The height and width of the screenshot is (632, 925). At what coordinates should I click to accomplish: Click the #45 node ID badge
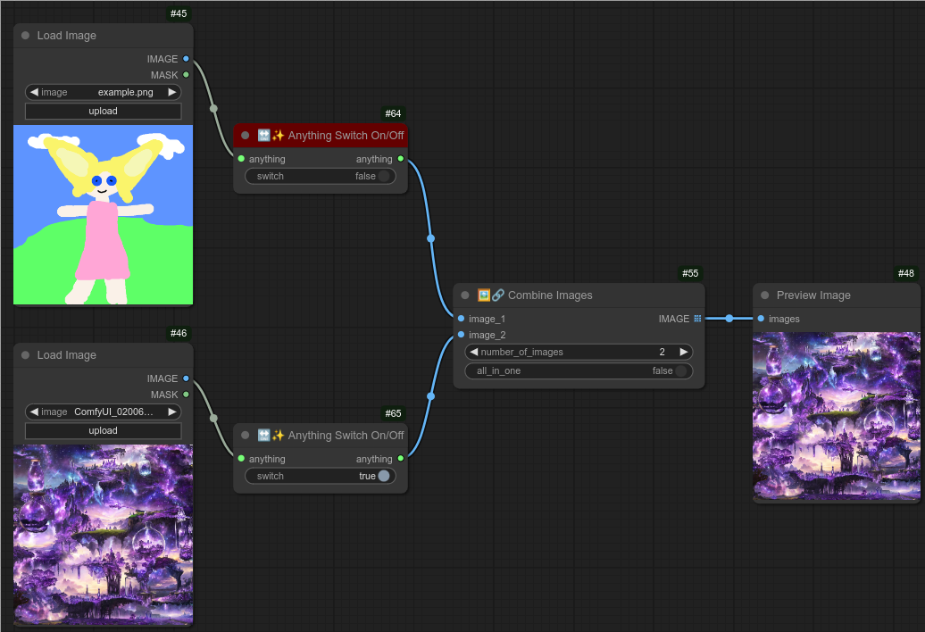coord(179,13)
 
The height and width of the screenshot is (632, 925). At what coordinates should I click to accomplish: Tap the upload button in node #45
coord(103,111)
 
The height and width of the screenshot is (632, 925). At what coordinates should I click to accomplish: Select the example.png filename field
coord(125,92)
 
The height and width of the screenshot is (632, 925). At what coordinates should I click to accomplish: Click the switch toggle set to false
coord(384,176)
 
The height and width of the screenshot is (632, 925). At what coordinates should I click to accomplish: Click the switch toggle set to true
coord(384,476)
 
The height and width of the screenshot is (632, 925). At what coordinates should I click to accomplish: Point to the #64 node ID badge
coord(394,113)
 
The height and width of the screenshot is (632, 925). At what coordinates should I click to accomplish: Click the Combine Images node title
coord(549,295)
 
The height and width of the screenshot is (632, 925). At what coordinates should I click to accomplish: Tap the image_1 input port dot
coord(461,319)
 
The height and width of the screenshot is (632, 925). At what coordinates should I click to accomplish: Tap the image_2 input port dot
coord(461,335)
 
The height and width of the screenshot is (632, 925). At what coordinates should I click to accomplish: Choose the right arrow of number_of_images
coord(684,352)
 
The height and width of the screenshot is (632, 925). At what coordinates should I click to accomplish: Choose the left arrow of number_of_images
coord(474,352)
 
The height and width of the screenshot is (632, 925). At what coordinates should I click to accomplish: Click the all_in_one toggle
coord(681,370)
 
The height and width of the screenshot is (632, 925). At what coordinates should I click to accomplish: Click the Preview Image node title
coord(812,295)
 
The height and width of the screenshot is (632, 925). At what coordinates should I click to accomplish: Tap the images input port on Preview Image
coord(761,319)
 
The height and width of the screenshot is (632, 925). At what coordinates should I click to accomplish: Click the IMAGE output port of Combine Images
coord(697,319)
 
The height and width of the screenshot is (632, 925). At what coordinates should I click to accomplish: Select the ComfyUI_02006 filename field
coord(113,412)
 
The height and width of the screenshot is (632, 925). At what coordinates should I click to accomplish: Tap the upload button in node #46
coord(103,430)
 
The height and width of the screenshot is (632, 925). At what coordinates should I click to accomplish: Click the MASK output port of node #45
coord(186,75)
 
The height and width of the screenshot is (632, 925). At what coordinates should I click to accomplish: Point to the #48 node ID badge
coord(906,273)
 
